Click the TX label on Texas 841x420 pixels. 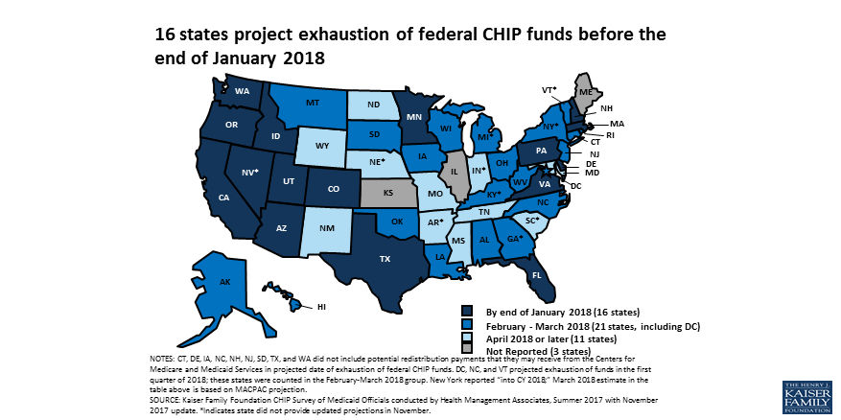click(x=358, y=259)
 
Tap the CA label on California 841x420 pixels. click(x=223, y=198)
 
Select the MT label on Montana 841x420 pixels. click(x=313, y=103)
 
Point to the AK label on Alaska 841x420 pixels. click(x=224, y=282)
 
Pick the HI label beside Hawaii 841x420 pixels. click(x=323, y=308)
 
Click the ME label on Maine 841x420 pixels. click(x=584, y=91)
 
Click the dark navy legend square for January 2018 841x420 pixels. click(x=467, y=312)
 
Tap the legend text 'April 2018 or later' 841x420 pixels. click(x=539, y=338)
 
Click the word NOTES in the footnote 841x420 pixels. click(x=164, y=358)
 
